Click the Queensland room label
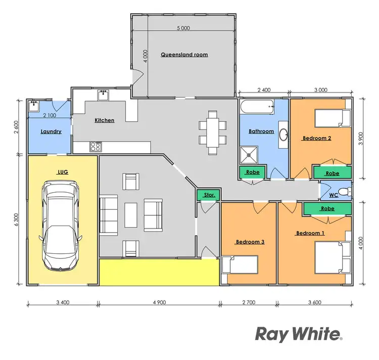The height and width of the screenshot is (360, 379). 184,54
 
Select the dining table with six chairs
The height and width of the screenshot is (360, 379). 212,132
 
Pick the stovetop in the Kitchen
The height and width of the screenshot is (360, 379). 96,147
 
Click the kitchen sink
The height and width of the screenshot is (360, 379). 104,94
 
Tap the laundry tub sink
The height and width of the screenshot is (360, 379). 34,106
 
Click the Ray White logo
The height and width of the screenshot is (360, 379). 299,334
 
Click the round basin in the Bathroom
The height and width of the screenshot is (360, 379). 284,134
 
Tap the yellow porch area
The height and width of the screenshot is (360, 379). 159,273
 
